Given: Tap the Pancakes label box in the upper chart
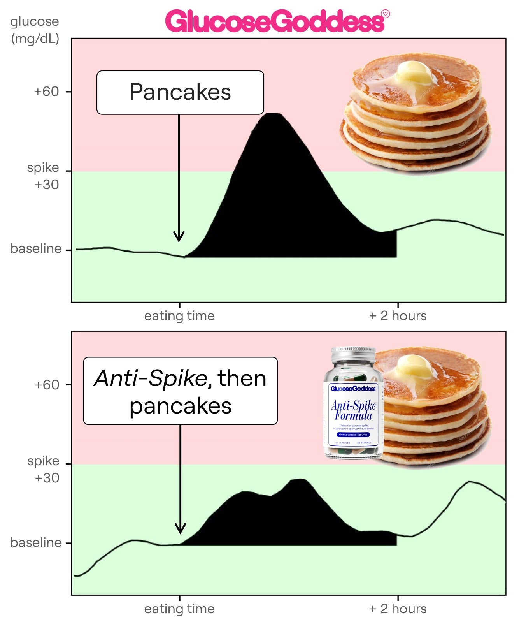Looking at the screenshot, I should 180,92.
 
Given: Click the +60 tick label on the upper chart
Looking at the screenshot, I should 46,92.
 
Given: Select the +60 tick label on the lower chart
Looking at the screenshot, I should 46,385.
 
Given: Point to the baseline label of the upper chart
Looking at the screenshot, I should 36,248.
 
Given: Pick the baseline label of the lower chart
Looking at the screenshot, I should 36,542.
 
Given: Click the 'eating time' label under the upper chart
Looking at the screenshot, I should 179,315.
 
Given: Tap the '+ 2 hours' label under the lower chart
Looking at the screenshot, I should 398,609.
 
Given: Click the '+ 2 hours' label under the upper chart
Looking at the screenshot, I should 398,315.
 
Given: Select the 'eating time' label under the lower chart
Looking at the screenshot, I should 179,609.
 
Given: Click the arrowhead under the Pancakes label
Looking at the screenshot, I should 179,237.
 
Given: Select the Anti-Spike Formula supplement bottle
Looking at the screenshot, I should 353,405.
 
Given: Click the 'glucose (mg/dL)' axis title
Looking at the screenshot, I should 35,30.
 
